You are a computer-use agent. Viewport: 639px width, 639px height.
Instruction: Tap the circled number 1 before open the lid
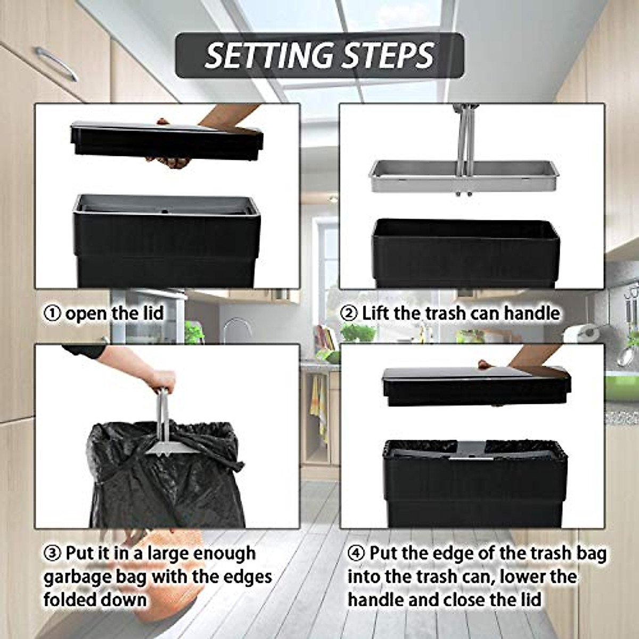pyautogui.click(x=52, y=314)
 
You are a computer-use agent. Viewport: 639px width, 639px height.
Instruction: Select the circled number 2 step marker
pyautogui.click(x=349, y=313)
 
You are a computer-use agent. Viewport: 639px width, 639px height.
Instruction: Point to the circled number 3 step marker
pyautogui.click(x=52, y=554)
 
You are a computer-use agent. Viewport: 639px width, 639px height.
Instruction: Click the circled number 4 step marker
pyautogui.click(x=356, y=554)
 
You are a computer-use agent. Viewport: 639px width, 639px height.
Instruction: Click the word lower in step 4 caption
pyautogui.click(x=551, y=577)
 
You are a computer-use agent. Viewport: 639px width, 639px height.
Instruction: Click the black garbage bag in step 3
pyautogui.click(x=160, y=479)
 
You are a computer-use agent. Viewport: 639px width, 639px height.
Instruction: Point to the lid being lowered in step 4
pyautogui.click(x=476, y=384)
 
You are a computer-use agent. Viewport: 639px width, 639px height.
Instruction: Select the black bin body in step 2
pyautogui.click(x=466, y=253)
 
